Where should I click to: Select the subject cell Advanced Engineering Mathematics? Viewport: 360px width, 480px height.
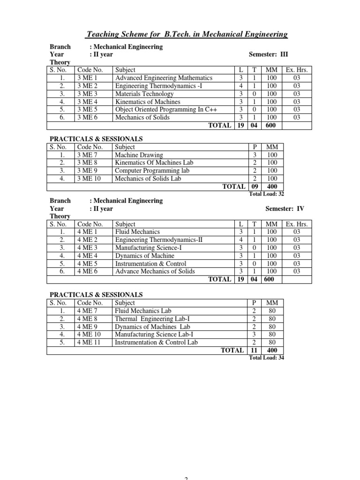[x=164, y=78]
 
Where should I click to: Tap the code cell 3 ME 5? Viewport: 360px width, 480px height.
[x=87, y=110]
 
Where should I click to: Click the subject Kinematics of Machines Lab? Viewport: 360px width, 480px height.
[x=154, y=163]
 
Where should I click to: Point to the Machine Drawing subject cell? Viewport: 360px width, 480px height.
[x=139, y=155]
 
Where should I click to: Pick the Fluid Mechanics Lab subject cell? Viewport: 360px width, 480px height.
[x=143, y=311]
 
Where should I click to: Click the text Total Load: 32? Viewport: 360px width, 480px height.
[x=266, y=194]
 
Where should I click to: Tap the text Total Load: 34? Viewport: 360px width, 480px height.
[x=266, y=358]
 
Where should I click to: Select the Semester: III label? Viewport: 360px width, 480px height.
[x=270, y=54]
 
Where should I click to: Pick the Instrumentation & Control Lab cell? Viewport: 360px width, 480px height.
[x=156, y=343]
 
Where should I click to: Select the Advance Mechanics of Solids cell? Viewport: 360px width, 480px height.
[x=155, y=271]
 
